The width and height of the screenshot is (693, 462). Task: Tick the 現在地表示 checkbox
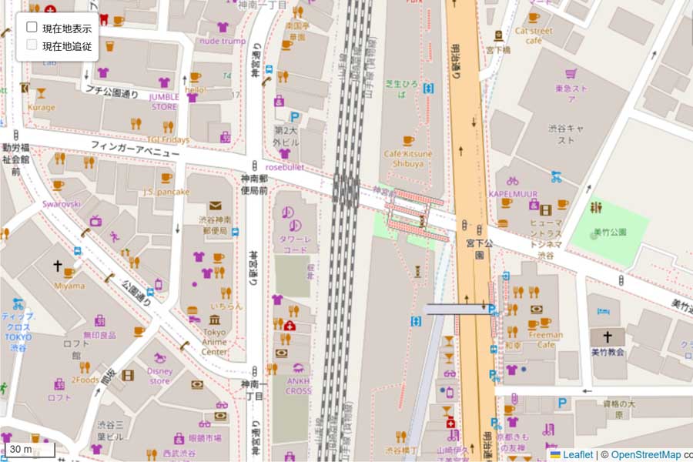32,27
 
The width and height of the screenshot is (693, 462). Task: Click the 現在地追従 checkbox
32,45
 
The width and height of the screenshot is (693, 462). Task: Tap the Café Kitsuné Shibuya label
408,159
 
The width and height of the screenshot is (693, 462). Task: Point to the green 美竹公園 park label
610,232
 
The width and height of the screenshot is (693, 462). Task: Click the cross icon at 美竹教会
608,336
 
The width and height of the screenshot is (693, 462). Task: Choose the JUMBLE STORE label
164,102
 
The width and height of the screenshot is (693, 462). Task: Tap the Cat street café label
534,35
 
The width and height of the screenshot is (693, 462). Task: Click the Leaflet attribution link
577,455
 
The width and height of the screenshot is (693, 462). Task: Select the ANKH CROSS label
299,386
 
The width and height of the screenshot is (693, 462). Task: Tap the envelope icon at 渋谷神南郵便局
214,206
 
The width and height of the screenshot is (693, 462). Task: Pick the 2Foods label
85,380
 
